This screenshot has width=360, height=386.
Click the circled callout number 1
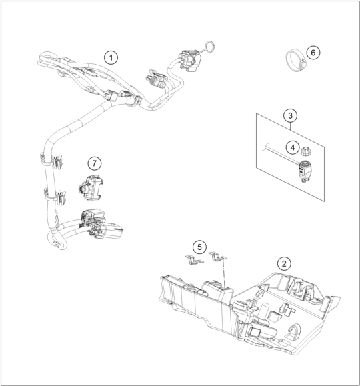pos(111,58)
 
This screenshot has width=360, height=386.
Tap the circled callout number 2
pos(284,264)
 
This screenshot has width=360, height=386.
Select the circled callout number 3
pos(290,115)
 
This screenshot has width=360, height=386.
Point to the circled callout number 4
pos(293,148)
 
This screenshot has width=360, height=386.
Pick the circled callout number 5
pos(199,247)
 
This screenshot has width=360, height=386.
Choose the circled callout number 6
pos(313,53)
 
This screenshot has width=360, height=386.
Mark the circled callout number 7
pos(95,163)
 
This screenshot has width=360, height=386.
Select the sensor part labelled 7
pos(90,187)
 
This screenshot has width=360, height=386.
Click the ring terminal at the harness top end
pos(209,47)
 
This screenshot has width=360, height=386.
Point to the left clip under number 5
pos(194,260)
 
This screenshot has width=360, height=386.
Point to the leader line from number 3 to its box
pos(291,126)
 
